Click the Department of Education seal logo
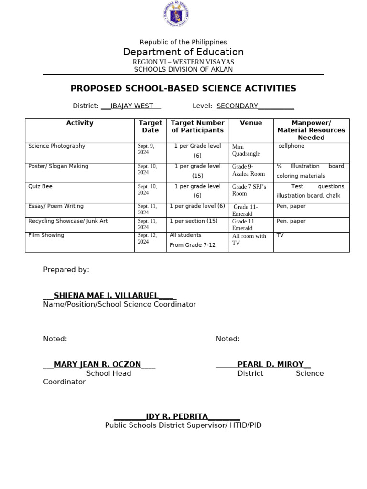(x=175, y=14)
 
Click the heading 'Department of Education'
(x=183, y=52)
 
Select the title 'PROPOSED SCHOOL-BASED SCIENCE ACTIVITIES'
(x=183, y=88)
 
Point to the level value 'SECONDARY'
(x=237, y=106)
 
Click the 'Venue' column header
(x=251, y=123)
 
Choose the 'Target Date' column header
(x=150, y=127)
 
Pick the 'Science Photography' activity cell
(x=57, y=146)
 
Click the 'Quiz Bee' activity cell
(x=40, y=186)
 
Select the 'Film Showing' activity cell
(x=46, y=235)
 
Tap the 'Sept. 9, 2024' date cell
(x=146, y=149)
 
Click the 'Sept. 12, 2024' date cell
(x=146, y=239)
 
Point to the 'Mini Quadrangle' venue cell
(x=246, y=150)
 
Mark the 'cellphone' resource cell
(x=291, y=146)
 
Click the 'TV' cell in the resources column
(x=280, y=235)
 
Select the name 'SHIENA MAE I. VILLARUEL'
(x=106, y=296)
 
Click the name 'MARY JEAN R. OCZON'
(x=97, y=365)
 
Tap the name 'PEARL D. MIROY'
(x=270, y=365)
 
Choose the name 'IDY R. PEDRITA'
(x=177, y=417)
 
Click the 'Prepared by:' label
(x=66, y=270)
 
